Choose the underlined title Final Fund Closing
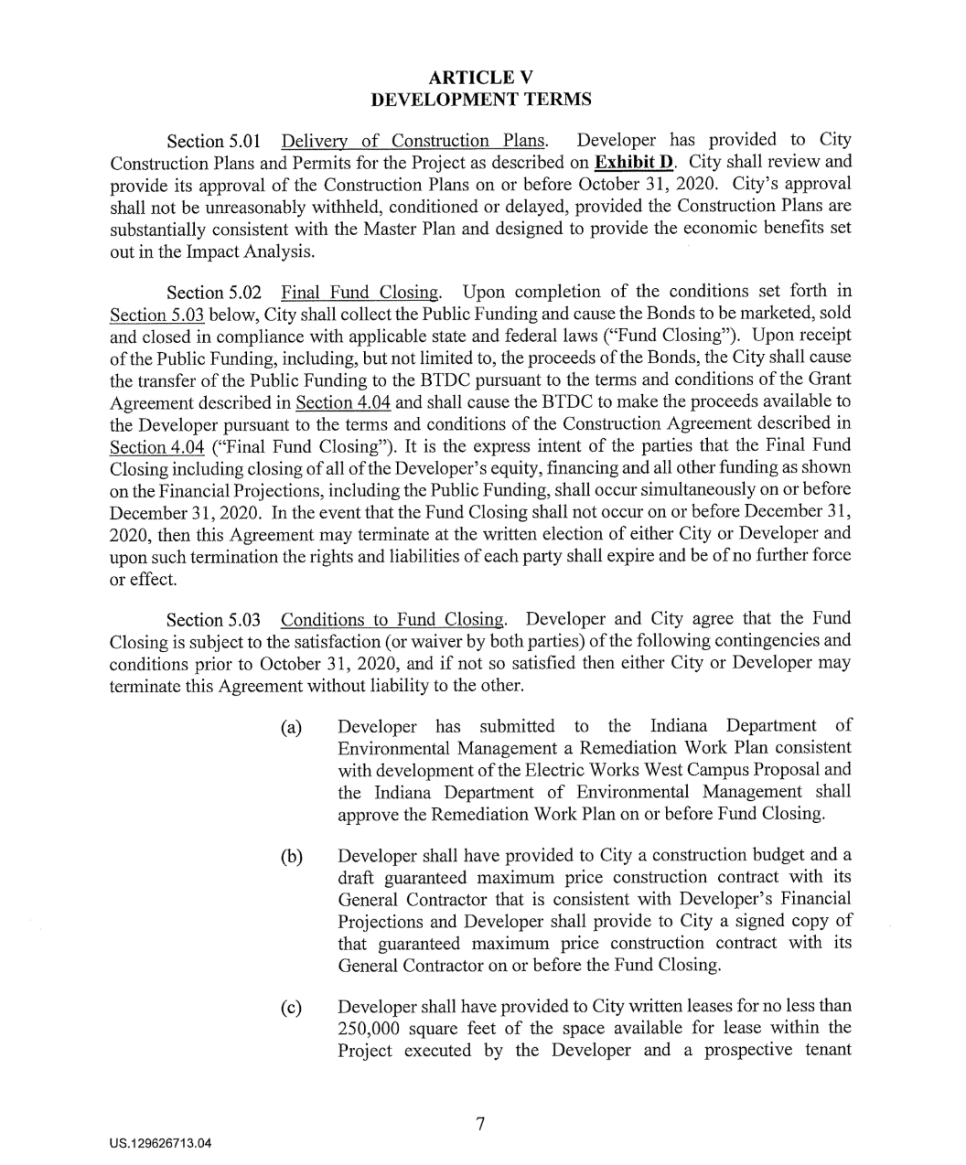coord(360,294)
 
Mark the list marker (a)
coord(292,729)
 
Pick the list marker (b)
coord(292,859)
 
